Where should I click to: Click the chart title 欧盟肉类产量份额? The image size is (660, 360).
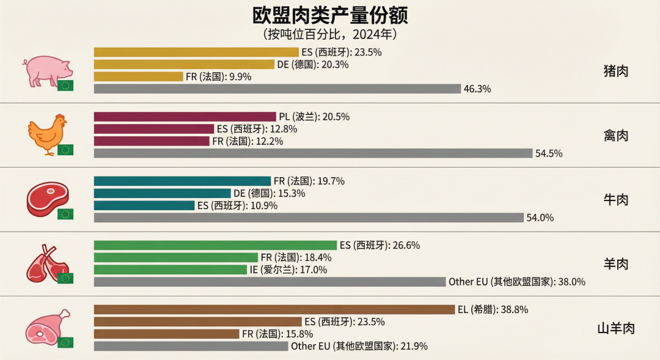tap(330, 15)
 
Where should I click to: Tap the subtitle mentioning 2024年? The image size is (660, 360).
tap(330, 34)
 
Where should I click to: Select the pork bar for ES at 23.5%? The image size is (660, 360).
tap(196, 53)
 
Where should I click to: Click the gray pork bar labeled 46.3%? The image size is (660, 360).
tap(277, 89)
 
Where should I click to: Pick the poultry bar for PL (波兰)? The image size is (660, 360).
tap(185, 117)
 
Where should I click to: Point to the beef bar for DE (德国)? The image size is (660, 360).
tap(162, 193)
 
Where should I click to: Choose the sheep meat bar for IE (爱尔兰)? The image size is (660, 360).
tap(170, 270)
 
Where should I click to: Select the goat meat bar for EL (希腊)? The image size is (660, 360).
tap(274, 309)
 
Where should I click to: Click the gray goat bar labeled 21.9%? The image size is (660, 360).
tap(191, 346)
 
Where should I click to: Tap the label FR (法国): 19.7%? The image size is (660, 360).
tap(309, 181)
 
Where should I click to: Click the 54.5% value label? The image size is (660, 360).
tap(549, 153)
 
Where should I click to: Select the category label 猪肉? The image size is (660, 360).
tap(615, 71)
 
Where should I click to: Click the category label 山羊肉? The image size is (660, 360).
tap(615, 328)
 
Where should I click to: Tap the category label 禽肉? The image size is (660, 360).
tap(615, 135)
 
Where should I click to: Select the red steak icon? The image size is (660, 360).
tap(46, 199)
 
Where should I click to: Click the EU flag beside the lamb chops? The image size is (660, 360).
tap(65, 278)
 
